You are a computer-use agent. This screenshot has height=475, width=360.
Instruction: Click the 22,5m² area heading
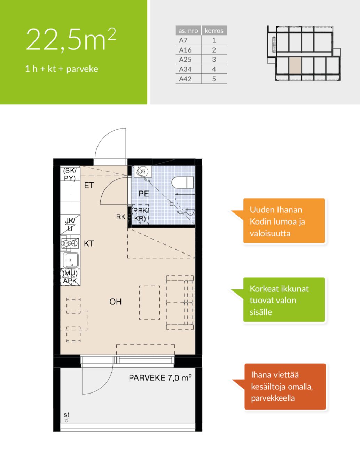(71, 40)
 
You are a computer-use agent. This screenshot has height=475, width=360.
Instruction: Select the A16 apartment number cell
(185, 50)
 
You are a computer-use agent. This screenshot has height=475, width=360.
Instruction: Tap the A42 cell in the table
(185, 79)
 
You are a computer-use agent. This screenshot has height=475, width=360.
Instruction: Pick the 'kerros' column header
(214, 31)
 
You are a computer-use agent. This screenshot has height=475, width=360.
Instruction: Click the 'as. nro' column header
(188, 31)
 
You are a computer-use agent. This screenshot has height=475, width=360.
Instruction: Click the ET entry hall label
(89, 186)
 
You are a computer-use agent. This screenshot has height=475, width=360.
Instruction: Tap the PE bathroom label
(144, 194)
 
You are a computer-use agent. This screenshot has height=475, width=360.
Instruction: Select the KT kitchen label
(89, 243)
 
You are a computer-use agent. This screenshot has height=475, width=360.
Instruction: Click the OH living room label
(115, 302)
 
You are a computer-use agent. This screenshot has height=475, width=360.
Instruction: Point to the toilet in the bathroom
(182, 182)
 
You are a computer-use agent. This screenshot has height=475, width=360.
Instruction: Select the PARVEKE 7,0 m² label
(160, 378)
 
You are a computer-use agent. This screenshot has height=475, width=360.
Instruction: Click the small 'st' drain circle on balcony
(66, 421)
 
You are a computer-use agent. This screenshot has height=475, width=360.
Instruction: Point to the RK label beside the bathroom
(120, 217)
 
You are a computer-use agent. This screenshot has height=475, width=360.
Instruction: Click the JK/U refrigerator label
(70, 225)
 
